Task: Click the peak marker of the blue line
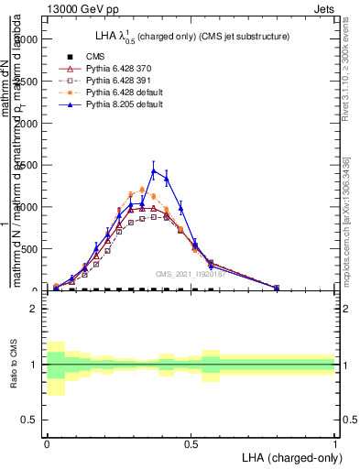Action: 154,170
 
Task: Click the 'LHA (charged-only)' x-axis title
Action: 289,456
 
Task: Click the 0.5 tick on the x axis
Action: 191,442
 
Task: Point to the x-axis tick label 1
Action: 335,442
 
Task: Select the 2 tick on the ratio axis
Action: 34,309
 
